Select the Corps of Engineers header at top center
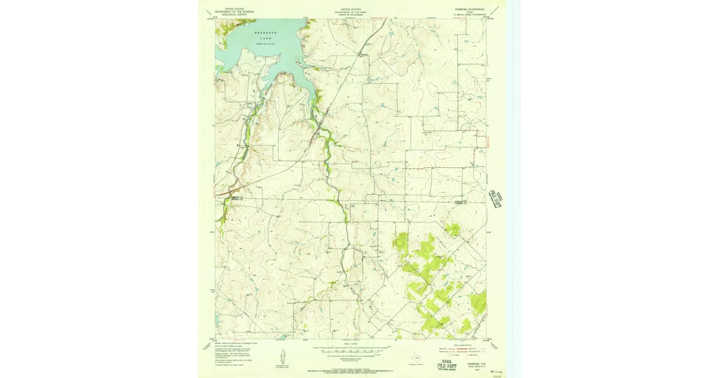(351, 11)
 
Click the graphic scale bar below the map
(351, 352)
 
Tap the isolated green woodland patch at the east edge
(479, 303)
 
